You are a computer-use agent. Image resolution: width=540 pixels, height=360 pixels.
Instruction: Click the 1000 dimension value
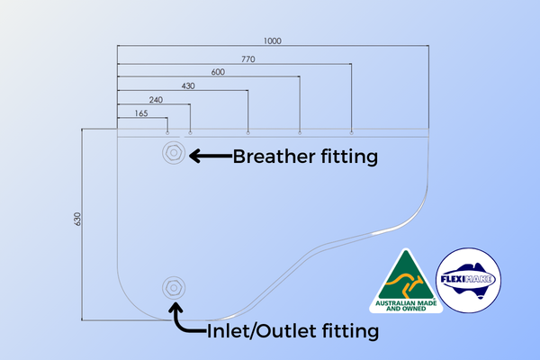pyautogui.click(x=273, y=41)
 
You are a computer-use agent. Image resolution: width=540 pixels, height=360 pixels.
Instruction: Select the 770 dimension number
pyautogui.click(x=248, y=59)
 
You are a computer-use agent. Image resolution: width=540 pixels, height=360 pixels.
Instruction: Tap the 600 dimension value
pyautogui.click(x=218, y=72)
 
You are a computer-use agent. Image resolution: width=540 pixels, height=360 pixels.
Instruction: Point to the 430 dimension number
pyautogui.click(x=188, y=85)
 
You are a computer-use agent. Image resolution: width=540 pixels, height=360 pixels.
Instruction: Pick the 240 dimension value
pyautogui.click(x=156, y=100)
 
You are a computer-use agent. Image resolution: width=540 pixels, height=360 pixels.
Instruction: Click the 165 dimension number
pyautogui.click(x=141, y=113)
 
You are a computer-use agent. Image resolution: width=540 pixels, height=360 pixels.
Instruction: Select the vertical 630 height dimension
pyautogui.click(x=77, y=219)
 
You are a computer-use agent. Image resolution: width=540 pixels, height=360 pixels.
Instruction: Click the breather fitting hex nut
pyautogui.click(x=174, y=152)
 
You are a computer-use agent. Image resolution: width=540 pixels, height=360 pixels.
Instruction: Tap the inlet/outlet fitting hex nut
pyautogui.click(x=174, y=288)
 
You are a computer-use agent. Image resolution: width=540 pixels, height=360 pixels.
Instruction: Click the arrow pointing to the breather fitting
pyautogui.click(x=211, y=156)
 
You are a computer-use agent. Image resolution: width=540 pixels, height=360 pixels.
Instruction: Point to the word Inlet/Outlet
pyautogui.click(x=261, y=331)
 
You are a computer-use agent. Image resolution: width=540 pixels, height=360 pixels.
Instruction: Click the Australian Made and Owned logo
pyautogui.click(x=406, y=281)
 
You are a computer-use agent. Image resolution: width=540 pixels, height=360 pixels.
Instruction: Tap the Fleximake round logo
pyautogui.click(x=468, y=280)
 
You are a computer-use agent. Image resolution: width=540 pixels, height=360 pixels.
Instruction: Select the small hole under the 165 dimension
pyautogui.click(x=167, y=132)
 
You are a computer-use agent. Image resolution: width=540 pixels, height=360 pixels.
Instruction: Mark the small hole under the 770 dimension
pyautogui.click(x=351, y=132)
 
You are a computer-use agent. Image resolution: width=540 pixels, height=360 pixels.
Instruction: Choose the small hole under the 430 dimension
pyautogui.click(x=248, y=132)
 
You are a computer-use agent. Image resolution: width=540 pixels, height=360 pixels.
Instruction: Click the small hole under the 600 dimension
pyautogui.click(x=300, y=132)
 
